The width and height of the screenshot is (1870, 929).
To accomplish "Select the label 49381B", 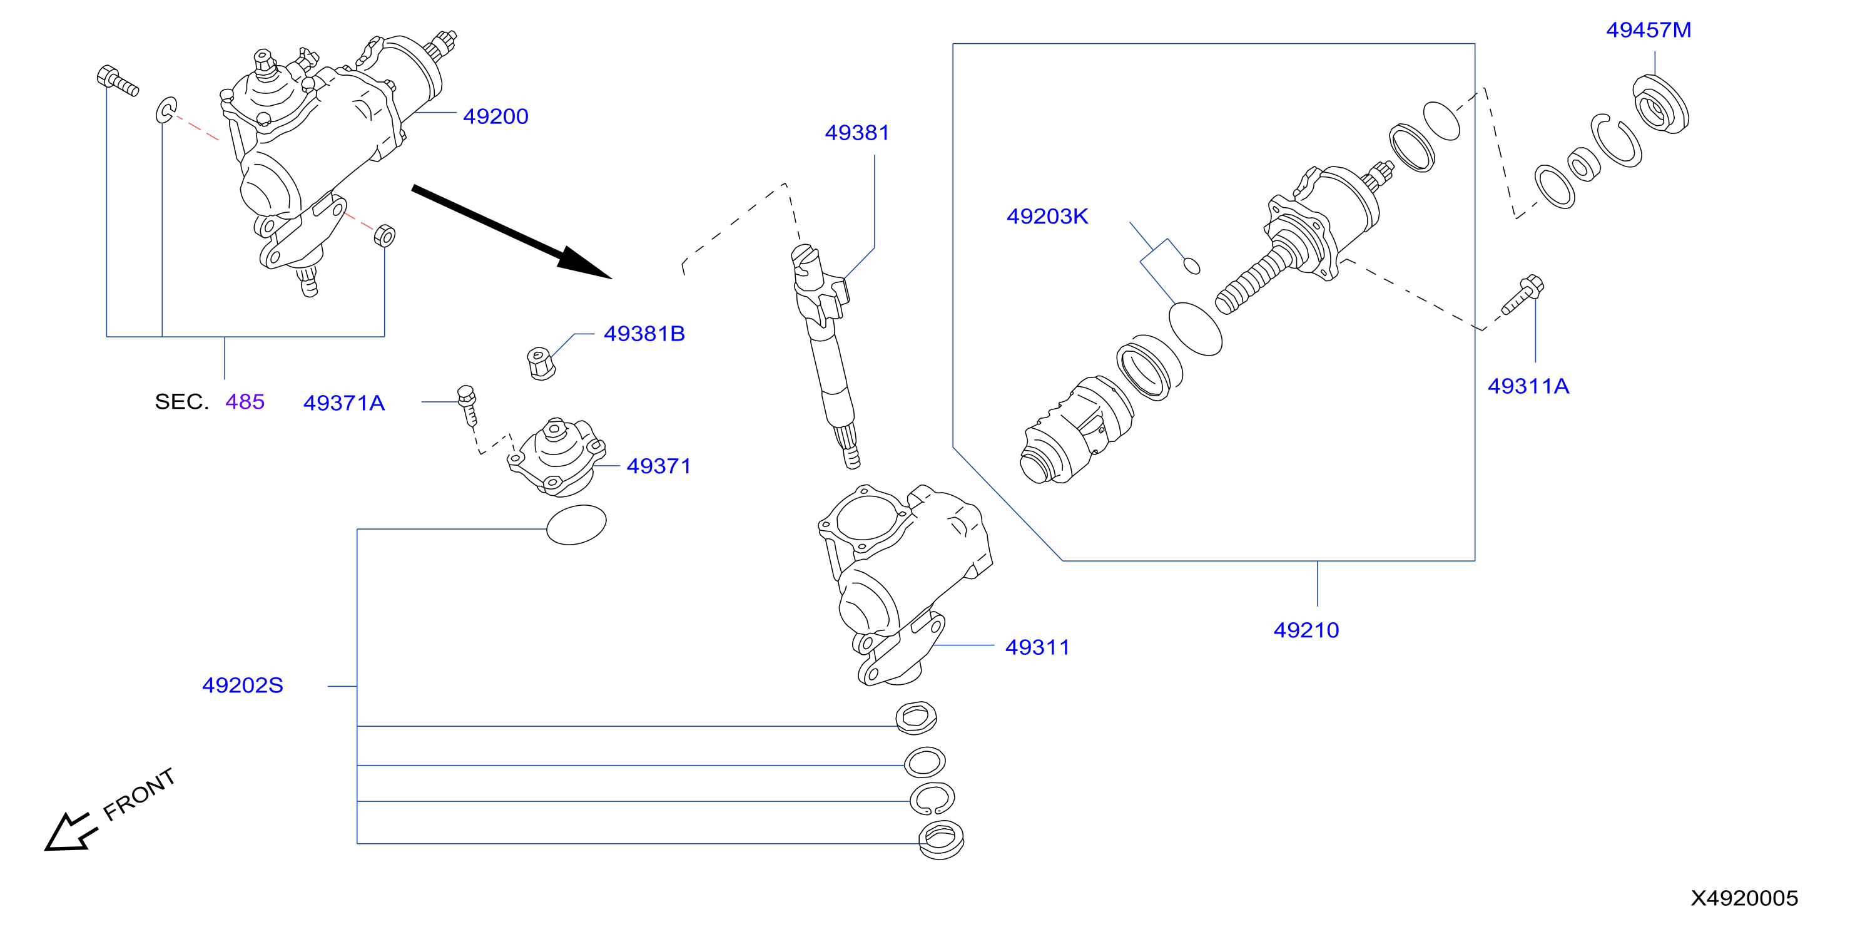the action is pos(644,334).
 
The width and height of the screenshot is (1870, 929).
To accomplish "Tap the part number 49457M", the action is pos(1648,30).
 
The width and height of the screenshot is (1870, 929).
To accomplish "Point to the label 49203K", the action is pos(1047,217).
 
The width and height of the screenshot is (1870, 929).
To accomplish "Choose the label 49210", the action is pos(1306,630).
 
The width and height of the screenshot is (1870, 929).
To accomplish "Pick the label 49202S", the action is pos(243,685).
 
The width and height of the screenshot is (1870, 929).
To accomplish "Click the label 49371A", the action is pos(343,403).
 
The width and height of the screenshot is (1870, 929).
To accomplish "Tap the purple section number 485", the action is pos(245,402).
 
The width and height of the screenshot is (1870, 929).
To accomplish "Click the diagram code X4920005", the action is pos(1744,898).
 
